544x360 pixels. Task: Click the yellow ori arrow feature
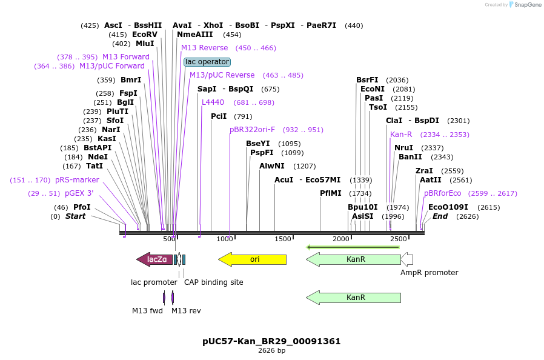252,259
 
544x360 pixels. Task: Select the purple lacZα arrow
154,259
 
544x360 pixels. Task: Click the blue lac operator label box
207,62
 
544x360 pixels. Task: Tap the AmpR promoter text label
429,273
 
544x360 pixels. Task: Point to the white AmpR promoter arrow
407,259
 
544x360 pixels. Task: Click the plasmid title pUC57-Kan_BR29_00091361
271,341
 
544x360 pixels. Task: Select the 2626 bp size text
271,350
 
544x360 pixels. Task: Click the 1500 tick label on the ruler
283,239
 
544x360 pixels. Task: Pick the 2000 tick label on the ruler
341,239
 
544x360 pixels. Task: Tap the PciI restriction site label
219,116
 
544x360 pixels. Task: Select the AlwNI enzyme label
271,166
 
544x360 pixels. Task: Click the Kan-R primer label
401,135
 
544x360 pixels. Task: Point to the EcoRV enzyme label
144,35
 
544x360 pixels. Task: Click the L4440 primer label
213,102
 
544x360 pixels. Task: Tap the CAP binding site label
213,282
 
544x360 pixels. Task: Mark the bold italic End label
440,216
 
